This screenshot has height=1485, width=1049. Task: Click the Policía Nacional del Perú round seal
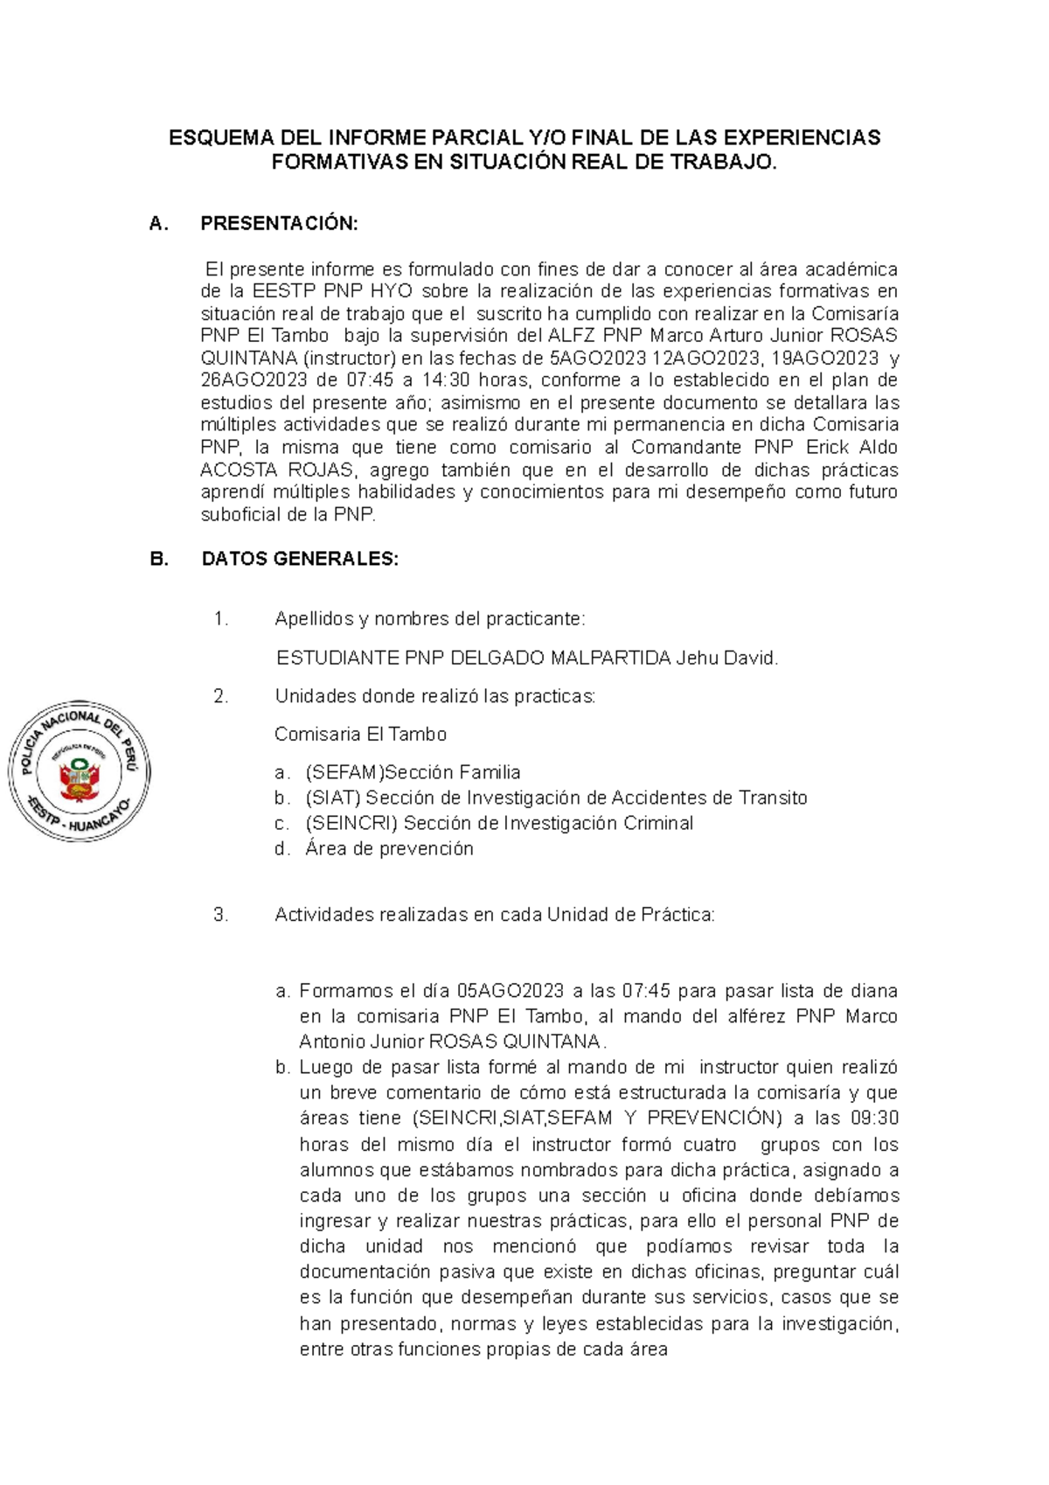click(x=80, y=771)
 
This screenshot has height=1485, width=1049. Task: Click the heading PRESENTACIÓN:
click(x=279, y=224)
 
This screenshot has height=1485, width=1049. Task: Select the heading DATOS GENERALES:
click(x=300, y=559)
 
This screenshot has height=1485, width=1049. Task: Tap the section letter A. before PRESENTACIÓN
click(x=158, y=224)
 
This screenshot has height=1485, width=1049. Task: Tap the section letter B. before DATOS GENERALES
click(x=159, y=559)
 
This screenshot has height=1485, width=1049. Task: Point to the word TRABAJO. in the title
click(x=733, y=162)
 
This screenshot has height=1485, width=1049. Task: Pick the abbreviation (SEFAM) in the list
click(x=345, y=772)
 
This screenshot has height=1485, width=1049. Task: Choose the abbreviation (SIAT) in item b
click(x=332, y=798)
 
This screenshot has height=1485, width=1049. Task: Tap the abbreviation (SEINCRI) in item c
click(x=351, y=823)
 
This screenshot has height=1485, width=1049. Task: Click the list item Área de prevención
click(x=389, y=848)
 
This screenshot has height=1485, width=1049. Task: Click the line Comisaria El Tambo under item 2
click(x=360, y=734)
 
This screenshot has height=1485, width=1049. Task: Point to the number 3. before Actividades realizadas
click(x=220, y=915)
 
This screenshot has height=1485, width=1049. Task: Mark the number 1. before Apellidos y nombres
click(x=220, y=619)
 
